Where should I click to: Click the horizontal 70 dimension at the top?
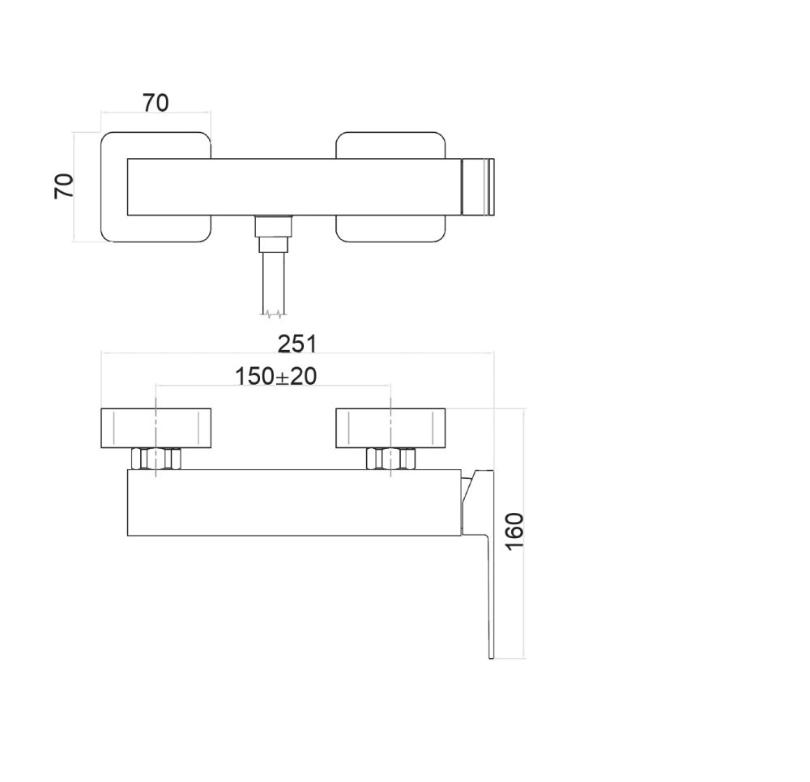tap(156, 103)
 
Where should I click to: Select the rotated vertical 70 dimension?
tap(64, 186)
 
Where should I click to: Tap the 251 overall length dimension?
tap(296, 344)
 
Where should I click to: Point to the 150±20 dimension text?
tap(275, 376)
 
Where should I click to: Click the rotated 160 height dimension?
tap(514, 531)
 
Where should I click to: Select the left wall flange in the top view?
tap(113, 187)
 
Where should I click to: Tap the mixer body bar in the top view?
tap(292, 187)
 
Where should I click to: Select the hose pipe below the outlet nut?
tap(273, 280)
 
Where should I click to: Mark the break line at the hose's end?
tap(273, 313)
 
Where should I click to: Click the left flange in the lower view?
tap(156, 427)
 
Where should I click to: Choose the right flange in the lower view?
tap(390, 427)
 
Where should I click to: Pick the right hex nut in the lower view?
tap(390, 459)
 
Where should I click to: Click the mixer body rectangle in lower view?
tap(292, 502)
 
